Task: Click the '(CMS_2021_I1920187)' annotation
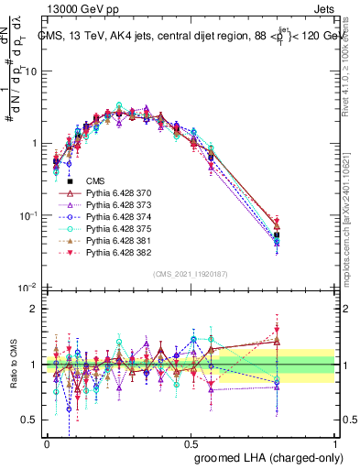pos(191,273)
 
